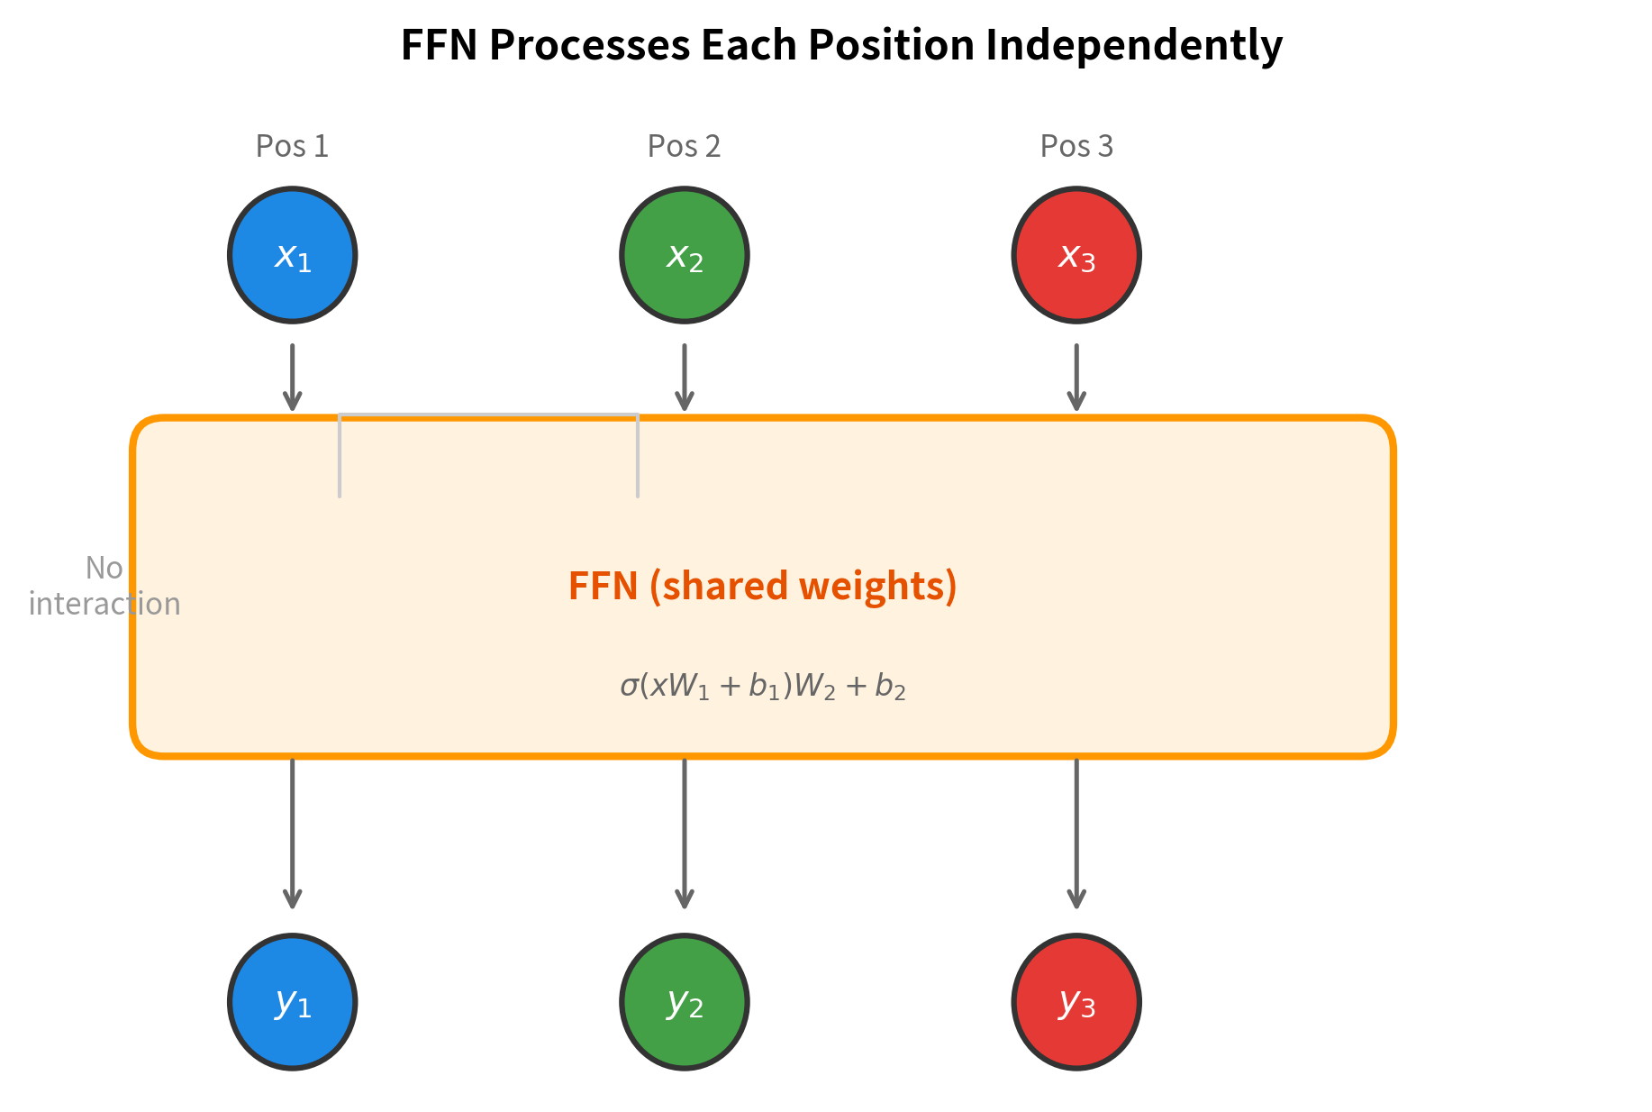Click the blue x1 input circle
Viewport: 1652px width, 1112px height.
[292, 255]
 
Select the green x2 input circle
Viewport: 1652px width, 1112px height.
[684, 255]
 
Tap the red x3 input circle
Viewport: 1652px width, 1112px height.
[1076, 255]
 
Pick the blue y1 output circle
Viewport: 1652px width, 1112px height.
[292, 1001]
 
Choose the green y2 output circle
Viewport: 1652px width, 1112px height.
[684, 1001]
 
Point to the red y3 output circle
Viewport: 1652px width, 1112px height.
[1076, 1001]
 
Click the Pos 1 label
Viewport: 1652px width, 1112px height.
[292, 146]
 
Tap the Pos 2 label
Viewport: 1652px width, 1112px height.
[684, 146]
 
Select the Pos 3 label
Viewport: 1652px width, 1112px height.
[1076, 146]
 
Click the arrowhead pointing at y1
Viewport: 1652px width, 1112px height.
[292, 898]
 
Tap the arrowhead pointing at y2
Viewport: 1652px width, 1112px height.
[684, 898]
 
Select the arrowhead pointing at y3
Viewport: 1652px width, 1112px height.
[1076, 898]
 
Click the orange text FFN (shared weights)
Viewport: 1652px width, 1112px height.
[762, 586]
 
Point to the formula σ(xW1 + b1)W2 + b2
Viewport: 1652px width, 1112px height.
[762, 687]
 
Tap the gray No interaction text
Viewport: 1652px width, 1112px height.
[104, 586]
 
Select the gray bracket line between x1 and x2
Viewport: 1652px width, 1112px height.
[488, 415]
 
